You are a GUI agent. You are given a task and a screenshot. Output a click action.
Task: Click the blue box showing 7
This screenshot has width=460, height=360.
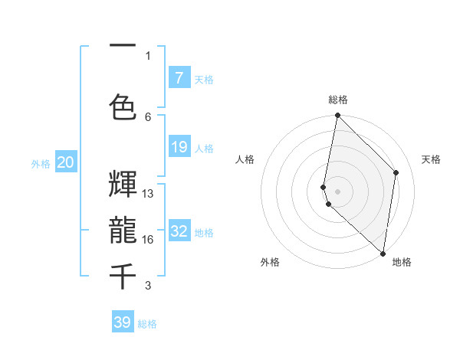pyautogui.click(x=179, y=78)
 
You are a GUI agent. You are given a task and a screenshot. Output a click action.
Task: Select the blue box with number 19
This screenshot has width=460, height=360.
pyautogui.click(x=179, y=147)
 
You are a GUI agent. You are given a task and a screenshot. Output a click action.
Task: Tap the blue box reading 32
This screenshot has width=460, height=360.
pyautogui.click(x=179, y=231)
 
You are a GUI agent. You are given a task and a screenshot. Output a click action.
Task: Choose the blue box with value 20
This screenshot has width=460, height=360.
pyautogui.click(x=66, y=162)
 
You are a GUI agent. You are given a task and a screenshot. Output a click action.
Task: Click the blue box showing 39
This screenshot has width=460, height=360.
pyautogui.click(x=123, y=322)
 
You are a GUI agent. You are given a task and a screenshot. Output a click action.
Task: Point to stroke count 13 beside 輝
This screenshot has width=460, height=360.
pyautogui.click(x=148, y=194)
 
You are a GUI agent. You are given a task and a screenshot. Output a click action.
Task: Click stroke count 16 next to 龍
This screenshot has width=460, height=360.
pyautogui.click(x=148, y=240)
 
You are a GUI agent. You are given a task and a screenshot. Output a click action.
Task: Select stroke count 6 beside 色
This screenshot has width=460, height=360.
pyautogui.click(x=148, y=116)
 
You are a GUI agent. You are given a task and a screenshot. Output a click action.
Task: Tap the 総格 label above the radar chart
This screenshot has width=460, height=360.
pyautogui.click(x=338, y=100)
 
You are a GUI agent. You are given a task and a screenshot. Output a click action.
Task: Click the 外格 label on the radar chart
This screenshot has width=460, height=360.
pyautogui.click(x=270, y=262)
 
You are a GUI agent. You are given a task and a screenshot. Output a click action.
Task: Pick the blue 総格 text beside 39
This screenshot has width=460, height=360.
pyautogui.click(x=147, y=324)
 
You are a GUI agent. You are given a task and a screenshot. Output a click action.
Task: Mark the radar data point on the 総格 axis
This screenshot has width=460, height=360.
pyautogui.click(x=337, y=116)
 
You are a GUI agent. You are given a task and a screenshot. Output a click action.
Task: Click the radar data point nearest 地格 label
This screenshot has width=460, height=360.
pyautogui.click(x=382, y=253)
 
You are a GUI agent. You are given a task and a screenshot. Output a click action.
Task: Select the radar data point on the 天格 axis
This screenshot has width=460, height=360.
pyautogui.click(x=396, y=172)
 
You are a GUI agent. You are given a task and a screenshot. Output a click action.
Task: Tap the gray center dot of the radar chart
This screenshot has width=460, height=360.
pyautogui.click(x=337, y=191)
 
